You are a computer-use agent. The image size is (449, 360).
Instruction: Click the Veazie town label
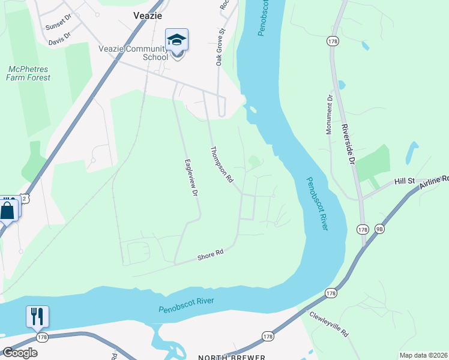click(147, 16)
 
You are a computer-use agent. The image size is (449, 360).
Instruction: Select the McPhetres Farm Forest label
click(28, 73)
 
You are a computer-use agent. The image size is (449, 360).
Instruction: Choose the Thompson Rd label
click(221, 165)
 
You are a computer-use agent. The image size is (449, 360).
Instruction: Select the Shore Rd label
click(210, 256)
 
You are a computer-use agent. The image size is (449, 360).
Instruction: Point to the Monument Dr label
click(330, 114)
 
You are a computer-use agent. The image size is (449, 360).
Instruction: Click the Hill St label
click(404, 181)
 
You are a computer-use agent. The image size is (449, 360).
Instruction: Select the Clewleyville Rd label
click(329, 323)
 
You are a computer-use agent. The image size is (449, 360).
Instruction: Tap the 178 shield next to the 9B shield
click(362, 229)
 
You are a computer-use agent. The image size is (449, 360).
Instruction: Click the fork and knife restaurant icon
click(37, 316)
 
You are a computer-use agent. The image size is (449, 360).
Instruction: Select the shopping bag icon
click(7, 211)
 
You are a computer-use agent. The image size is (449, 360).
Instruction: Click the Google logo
click(20, 352)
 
